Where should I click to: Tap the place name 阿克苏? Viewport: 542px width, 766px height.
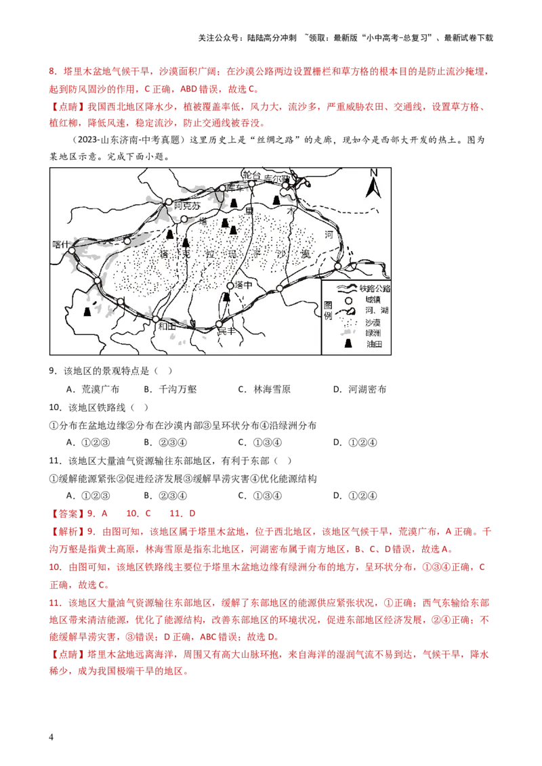click(187, 206)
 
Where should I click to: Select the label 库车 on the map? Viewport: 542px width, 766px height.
click(235, 187)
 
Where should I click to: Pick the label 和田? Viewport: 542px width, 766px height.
click(165, 326)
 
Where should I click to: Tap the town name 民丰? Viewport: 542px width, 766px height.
click(225, 332)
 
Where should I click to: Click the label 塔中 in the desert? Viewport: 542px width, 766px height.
click(243, 286)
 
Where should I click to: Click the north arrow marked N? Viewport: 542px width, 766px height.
click(373, 183)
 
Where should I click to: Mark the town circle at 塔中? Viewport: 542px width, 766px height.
click(230, 286)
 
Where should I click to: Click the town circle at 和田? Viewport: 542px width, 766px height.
click(155, 319)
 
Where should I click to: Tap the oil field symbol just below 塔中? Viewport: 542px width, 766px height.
click(227, 298)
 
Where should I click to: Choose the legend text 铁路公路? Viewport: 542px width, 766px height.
click(375, 288)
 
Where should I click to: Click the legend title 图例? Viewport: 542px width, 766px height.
click(329, 311)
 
